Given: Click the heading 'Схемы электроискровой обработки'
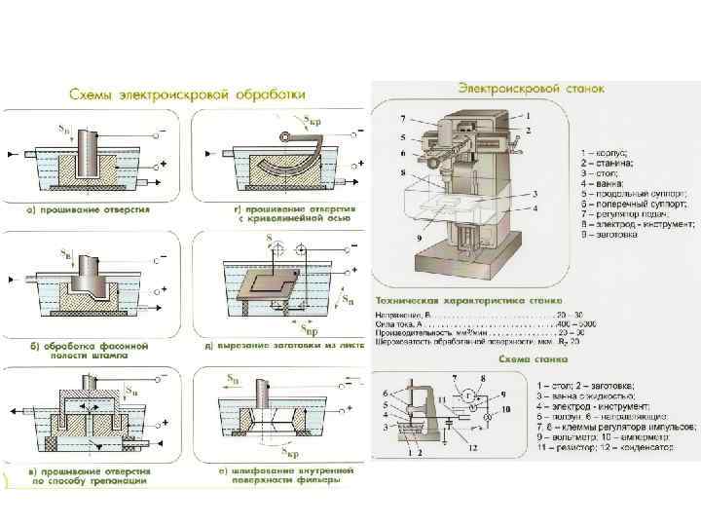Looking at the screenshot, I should pyautogui.click(x=188, y=95).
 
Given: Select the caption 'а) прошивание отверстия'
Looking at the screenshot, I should pyautogui.click(x=89, y=209).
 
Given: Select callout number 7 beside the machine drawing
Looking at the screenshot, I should pyautogui.click(x=401, y=119).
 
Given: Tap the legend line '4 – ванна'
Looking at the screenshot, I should pyautogui.click(x=609, y=182).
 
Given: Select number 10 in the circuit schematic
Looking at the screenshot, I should pyautogui.click(x=506, y=412).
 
